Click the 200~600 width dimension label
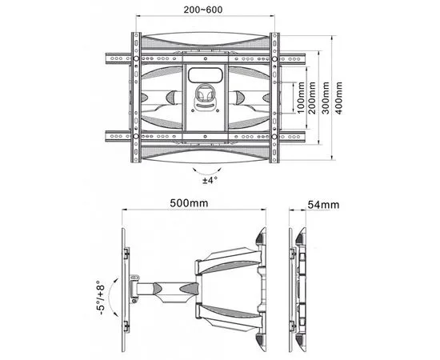pyautogui.click(x=204, y=9)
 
